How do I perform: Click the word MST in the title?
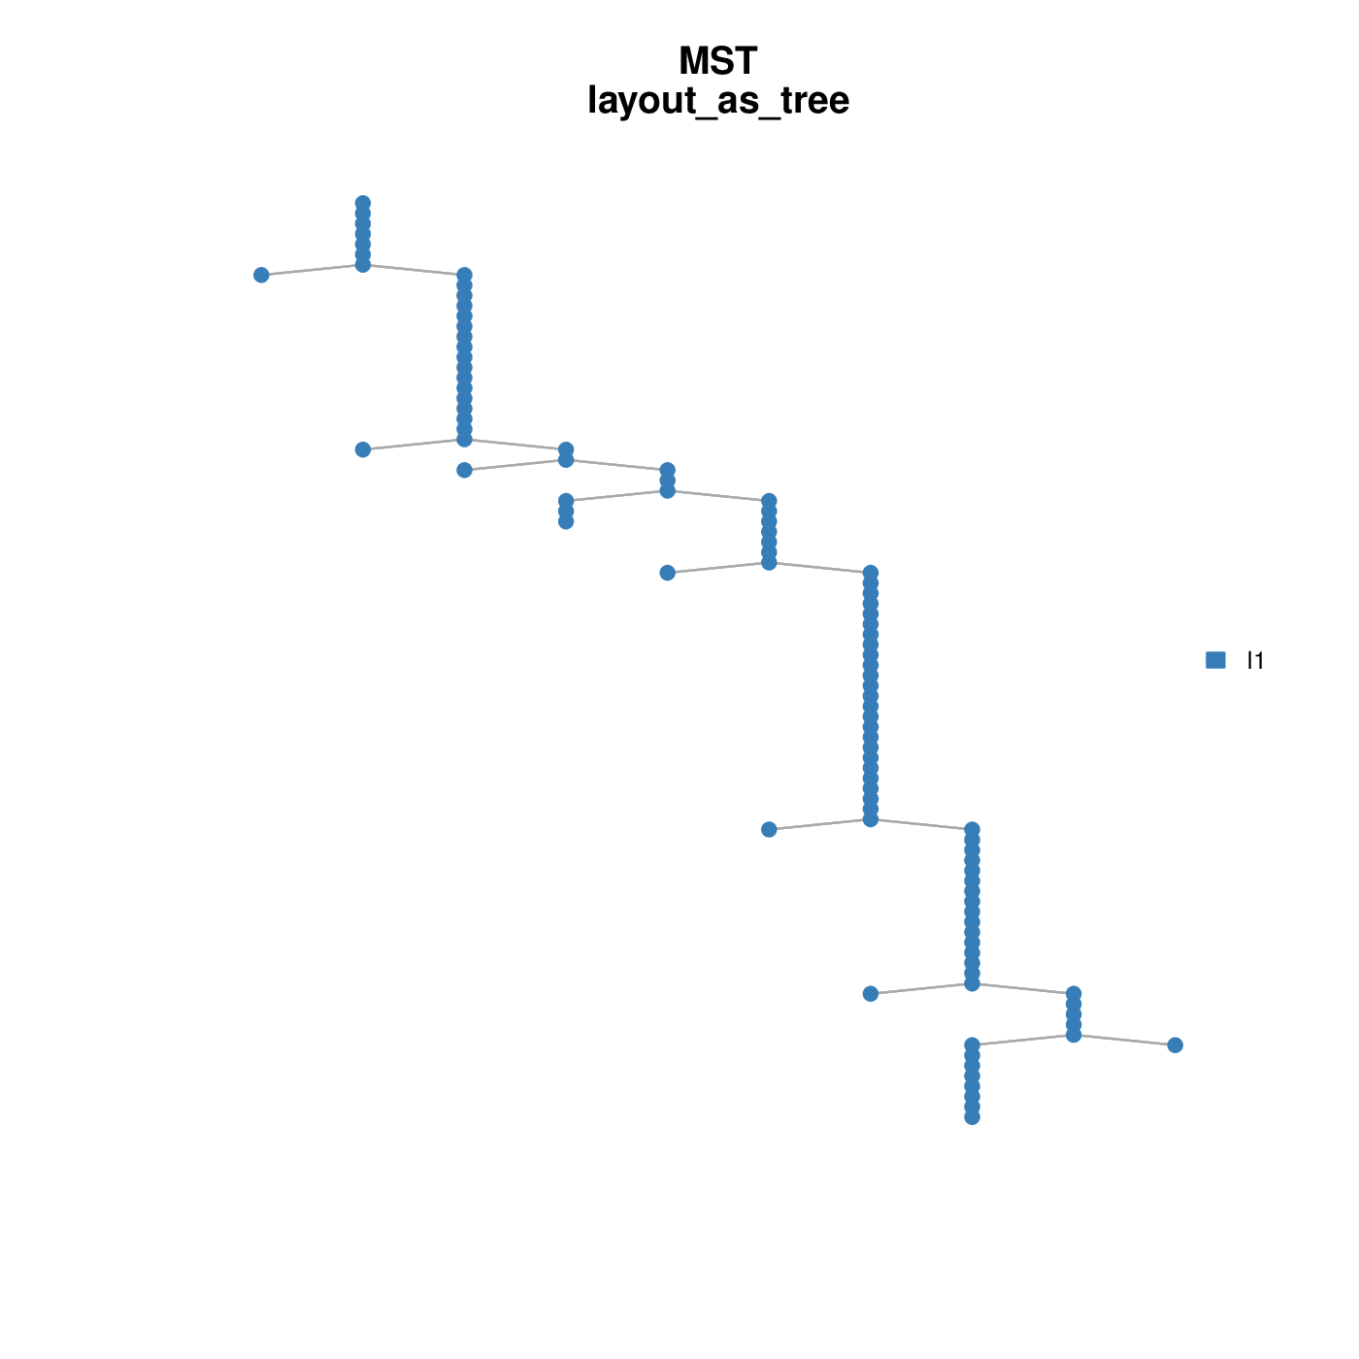(x=717, y=60)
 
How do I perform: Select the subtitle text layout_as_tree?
(x=718, y=100)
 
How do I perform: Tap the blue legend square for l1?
(x=1215, y=659)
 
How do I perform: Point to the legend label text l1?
(x=1255, y=660)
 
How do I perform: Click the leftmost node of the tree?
(x=261, y=275)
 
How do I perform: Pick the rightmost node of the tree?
(x=1175, y=1044)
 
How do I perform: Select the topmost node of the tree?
(x=362, y=203)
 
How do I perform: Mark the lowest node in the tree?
(x=972, y=1116)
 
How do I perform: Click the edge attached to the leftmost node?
(x=312, y=270)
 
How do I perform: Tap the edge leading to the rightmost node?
(x=1124, y=1040)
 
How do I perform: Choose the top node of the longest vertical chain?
(x=871, y=572)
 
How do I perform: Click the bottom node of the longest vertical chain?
(x=871, y=818)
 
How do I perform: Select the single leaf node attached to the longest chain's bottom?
(x=769, y=829)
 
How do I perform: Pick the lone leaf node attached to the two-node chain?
(x=464, y=470)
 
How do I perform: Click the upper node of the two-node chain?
(x=566, y=449)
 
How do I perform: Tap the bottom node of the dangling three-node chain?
(x=566, y=521)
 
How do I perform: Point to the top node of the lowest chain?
(x=972, y=1044)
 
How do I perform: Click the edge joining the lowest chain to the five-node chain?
(x=1022, y=1040)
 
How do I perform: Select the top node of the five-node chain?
(x=1074, y=993)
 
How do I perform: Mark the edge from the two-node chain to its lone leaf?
(x=514, y=465)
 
